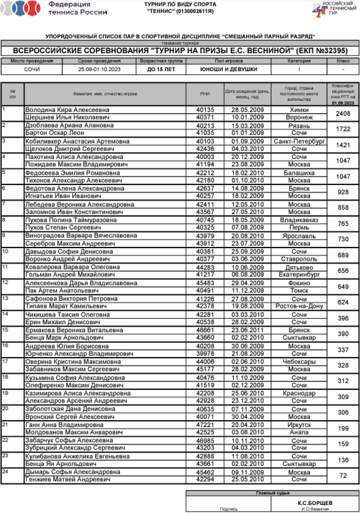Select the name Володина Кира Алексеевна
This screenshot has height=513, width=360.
(67, 110)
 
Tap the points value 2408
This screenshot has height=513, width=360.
(343, 114)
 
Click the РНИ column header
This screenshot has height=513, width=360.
(205, 94)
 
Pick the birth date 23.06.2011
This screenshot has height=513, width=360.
(248, 330)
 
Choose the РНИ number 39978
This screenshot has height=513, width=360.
(205, 354)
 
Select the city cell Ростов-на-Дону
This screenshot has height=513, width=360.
(299, 306)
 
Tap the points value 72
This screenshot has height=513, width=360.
(343, 476)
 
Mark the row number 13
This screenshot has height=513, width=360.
(5, 298)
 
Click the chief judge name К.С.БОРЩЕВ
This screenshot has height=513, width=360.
(315, 503)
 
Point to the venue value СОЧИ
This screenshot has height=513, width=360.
(32, 69)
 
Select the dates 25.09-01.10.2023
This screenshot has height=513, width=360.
(99, 69)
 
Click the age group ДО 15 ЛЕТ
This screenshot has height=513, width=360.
(161, 69)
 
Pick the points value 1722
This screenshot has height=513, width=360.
(343, 129)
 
